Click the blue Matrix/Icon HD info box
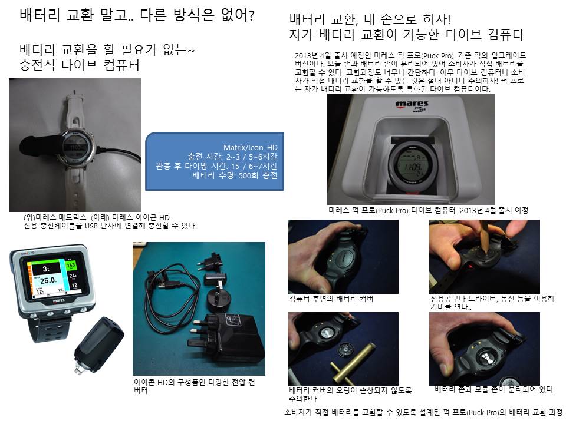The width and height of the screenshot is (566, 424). (x=215, y=161)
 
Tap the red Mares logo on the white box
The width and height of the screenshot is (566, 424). (x=412, y=104)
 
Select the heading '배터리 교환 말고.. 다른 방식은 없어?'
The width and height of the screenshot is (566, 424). (x=137, y=15)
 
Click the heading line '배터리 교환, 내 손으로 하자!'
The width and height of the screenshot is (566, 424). (x=370, y=19)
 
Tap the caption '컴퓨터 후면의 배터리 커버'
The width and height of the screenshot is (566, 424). (x=331, y=299)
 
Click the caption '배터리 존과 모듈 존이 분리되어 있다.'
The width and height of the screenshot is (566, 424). (x=495, y=389)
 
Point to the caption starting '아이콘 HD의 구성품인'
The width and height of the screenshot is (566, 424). (x=195, y=386)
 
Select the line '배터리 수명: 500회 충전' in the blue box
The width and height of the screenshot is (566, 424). (x=235, y=175)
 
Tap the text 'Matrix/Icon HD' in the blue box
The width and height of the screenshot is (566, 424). (x=250, y=147)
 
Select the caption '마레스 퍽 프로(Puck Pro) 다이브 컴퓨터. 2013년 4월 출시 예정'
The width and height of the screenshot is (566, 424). (x=428, y=210)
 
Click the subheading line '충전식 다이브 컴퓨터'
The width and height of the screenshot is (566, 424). (x=80, y=65)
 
